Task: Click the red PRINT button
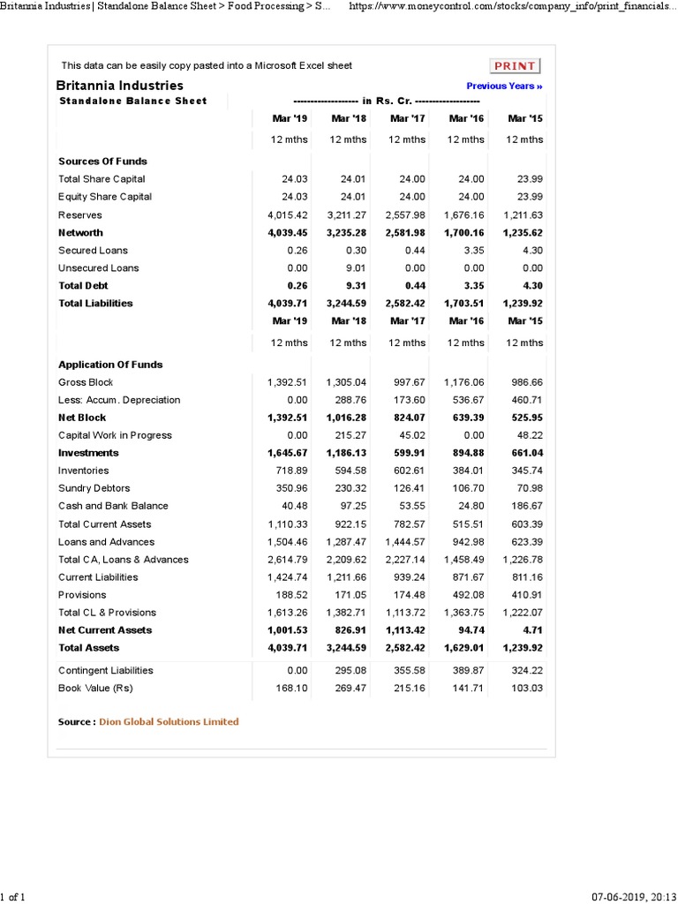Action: [x=515, y=66]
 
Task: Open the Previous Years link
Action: [x=504, y=86]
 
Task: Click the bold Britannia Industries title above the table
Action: [x=120, y=86]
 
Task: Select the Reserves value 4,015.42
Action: [x=287, y=215]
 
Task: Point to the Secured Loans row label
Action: [x=93, y=251]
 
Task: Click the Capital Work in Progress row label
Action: [x=115, y=435]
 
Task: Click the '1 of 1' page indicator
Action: [x=12, y=897]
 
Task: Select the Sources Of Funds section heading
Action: [x=102, y=162]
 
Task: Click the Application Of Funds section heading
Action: [x=110, y=365]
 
